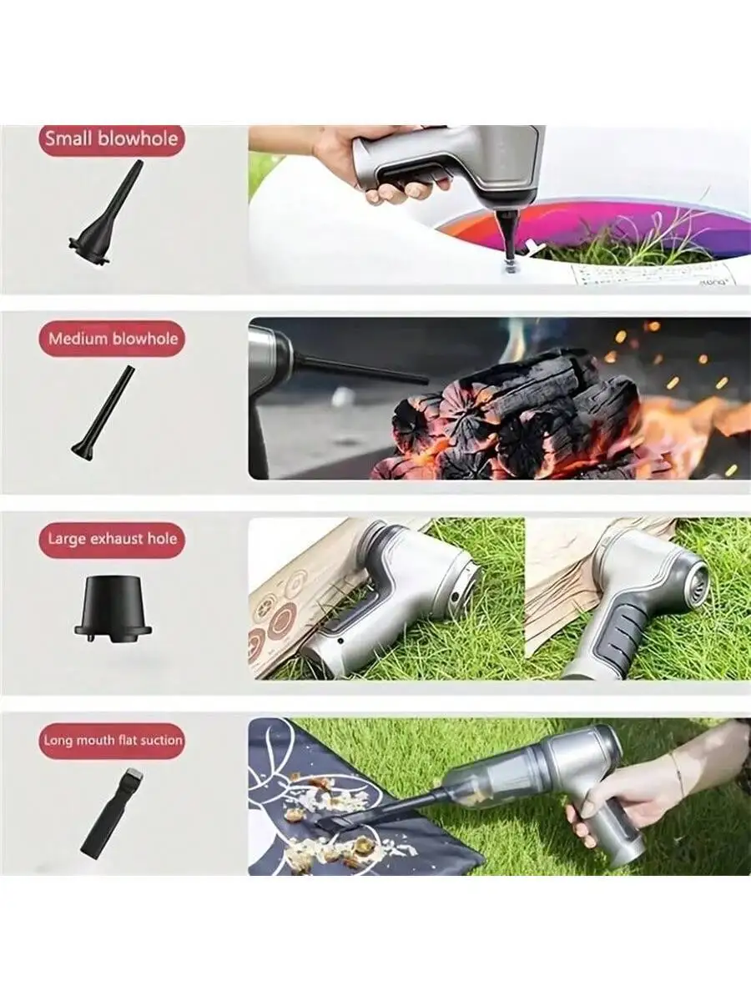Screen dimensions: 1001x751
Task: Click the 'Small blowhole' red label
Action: click(111, 138)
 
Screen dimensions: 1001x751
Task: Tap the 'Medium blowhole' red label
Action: click(112, 339)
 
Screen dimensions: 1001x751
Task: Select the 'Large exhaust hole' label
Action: click(112, 539)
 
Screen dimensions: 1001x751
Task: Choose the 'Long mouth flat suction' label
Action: click(112, 740)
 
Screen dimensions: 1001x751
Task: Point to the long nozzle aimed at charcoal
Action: click(359, 368)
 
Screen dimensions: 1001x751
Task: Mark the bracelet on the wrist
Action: click(678, 776)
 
